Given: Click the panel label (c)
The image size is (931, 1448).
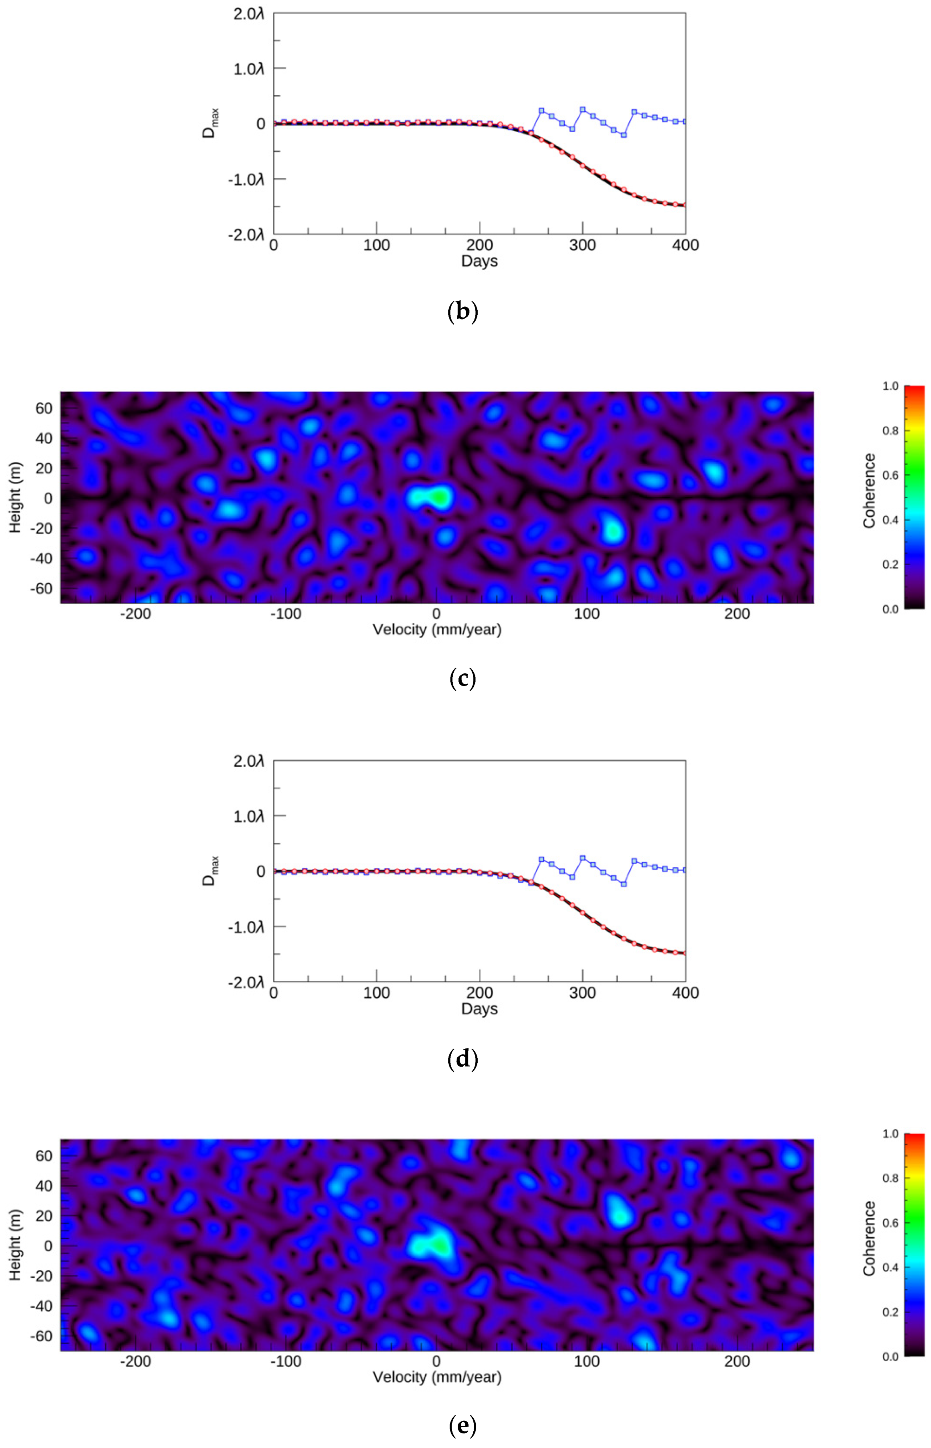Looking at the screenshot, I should click(x=463, y=678).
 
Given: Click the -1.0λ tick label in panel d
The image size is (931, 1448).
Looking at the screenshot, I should click(x=246, y=926).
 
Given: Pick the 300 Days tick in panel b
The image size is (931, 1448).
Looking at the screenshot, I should click(x=582, y=245).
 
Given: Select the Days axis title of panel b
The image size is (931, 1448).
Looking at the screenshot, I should click(x=479, y=261).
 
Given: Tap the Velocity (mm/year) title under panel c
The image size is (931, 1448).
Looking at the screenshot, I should click(x=437, y=630).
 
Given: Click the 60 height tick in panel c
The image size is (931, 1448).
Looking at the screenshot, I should click(x=44, y=408).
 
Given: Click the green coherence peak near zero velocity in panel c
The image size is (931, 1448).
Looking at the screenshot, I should click(x=439, y=497).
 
